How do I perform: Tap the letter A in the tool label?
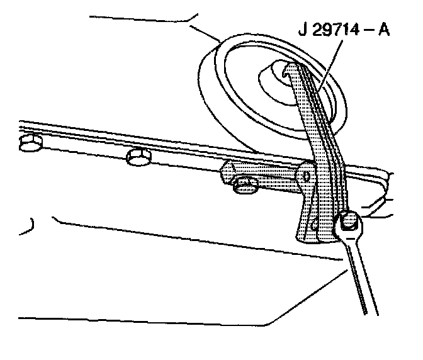tap(383, 29)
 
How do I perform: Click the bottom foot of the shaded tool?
tap(308, 237)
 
